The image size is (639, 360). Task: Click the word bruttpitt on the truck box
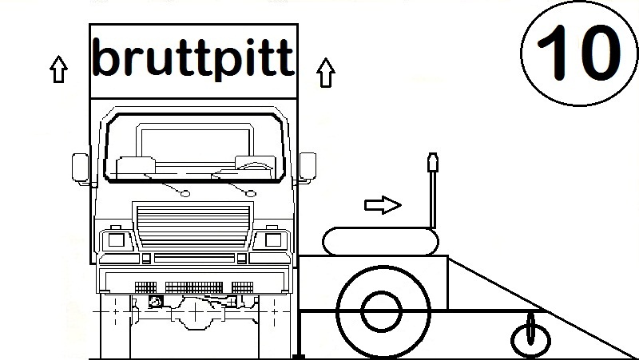pyautogui.click(x=192, y=56)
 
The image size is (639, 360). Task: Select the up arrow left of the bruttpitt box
pyautogui.click(x=57, y=71)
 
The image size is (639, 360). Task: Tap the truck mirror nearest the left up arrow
pyautogui.click(x=81, y=167)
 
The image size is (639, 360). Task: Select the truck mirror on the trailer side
pyautogui.click(x=308, y=167)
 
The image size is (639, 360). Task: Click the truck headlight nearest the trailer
pyautogui.click(x=272, y=239)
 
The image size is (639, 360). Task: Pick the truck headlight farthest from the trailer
pyautogui.click(x=111, y=239)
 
